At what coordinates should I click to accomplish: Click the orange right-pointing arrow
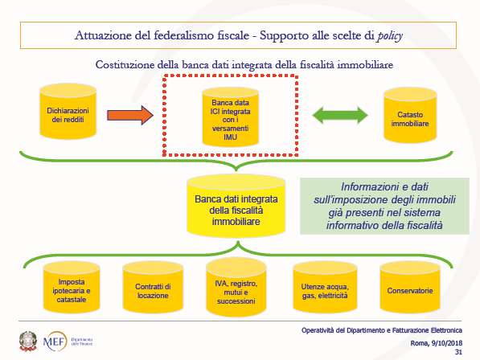[130, 115]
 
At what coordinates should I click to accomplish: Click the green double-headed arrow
[340, 115]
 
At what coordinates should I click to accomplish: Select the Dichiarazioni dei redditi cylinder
[68, 112]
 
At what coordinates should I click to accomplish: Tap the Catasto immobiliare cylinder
[410, 115]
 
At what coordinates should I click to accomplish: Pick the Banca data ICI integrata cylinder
[230, 117]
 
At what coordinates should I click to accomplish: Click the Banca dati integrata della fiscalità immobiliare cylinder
[236, 207]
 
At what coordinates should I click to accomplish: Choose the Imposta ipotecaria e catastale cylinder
[72, 287]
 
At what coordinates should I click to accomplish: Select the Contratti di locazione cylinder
[153, 287]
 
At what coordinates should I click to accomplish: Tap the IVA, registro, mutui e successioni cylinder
[236, 288]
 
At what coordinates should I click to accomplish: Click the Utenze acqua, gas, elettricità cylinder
[325, 287]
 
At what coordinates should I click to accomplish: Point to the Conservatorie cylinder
[410, 287]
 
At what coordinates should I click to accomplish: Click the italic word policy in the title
[390, 36]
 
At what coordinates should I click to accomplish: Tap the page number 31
[458, 352]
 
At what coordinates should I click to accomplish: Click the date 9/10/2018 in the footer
[446, 343]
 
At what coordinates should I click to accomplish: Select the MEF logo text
[55, 342]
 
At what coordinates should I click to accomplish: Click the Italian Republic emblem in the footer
[28, 342]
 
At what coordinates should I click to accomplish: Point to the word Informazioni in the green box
[362, 187]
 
